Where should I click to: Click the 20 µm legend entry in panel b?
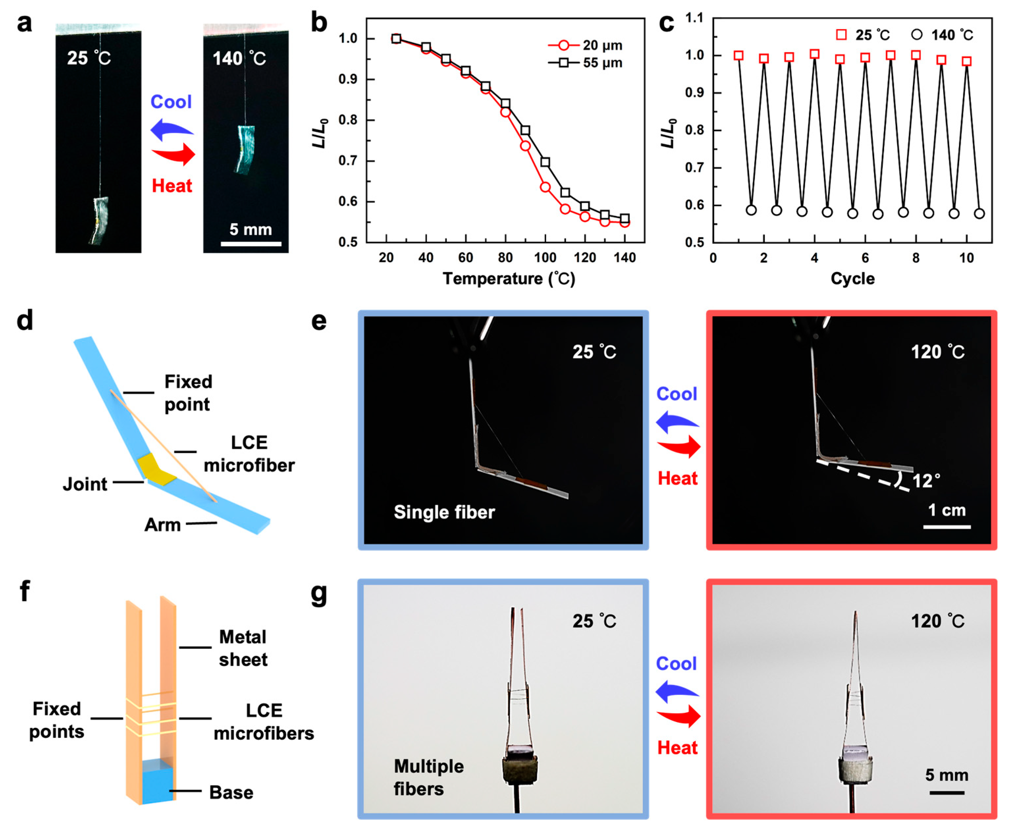tap(585, 45)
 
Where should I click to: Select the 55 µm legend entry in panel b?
tap(585, 63)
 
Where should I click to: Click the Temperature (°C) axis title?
tap(509, 279)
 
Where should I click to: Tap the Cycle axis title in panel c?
tap(852, 279)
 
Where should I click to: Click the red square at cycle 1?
tap(738, 55)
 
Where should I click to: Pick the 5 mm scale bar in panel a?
tap(251, 244)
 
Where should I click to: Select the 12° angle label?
tap(926, 481)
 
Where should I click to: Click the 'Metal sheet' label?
tap(243, 648)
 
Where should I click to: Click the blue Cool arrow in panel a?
tap(172, 129)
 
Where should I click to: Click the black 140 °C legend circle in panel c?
tap(917, 35)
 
